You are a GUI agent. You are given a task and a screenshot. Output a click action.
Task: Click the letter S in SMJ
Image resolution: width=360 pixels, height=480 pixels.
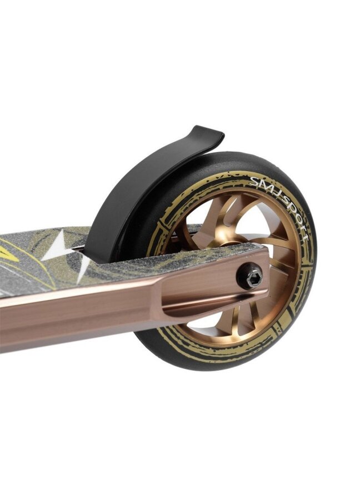pyautogui.click(x=253, y=179)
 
